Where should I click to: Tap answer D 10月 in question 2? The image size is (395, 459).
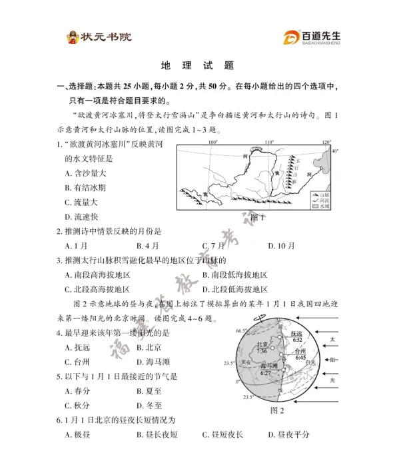click(x=281, y=246)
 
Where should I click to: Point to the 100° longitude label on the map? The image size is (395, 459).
click(x=213, y=142)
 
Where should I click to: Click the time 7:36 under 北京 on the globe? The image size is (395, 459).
click(x=262, y=351)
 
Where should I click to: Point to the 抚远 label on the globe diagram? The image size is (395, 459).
click(x=297, y=333)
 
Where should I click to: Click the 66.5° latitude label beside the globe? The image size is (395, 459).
click(x=240, y=330)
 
